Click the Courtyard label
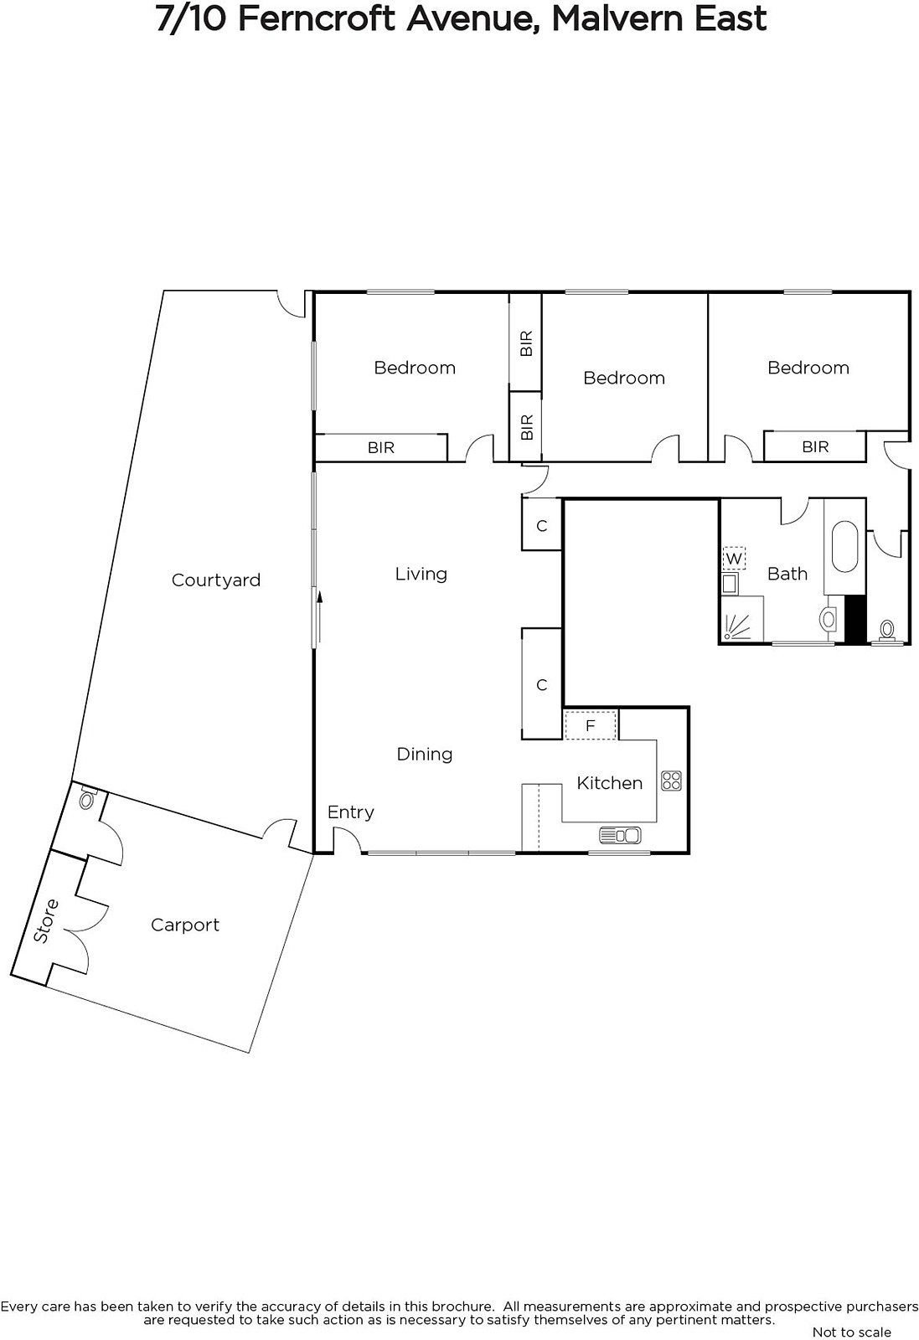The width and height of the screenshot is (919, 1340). coord(216,580)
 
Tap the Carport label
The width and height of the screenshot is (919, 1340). coord(185,925)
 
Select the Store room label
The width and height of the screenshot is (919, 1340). coord(45,921)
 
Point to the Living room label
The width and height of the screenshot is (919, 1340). coord(421,575)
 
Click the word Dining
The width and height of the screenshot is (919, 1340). coord(425,755)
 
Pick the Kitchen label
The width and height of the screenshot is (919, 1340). coord(610,783)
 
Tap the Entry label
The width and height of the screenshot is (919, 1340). coord(351,812)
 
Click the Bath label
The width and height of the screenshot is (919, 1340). coord(787,575)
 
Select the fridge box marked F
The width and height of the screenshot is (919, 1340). coord(591,725)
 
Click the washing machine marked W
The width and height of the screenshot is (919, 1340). coord(734,559)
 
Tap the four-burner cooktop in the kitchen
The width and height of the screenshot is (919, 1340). coord(671,781)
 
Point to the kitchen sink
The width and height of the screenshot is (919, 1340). coord(620,834)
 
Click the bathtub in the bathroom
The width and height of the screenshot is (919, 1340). coord(844,548)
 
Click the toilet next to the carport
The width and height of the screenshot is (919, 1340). coord(87,799)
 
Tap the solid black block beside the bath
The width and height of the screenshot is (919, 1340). coord(855,620)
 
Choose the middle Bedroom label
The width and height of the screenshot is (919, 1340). coord(624,378)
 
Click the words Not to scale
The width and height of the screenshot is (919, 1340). coord(852,1332)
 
